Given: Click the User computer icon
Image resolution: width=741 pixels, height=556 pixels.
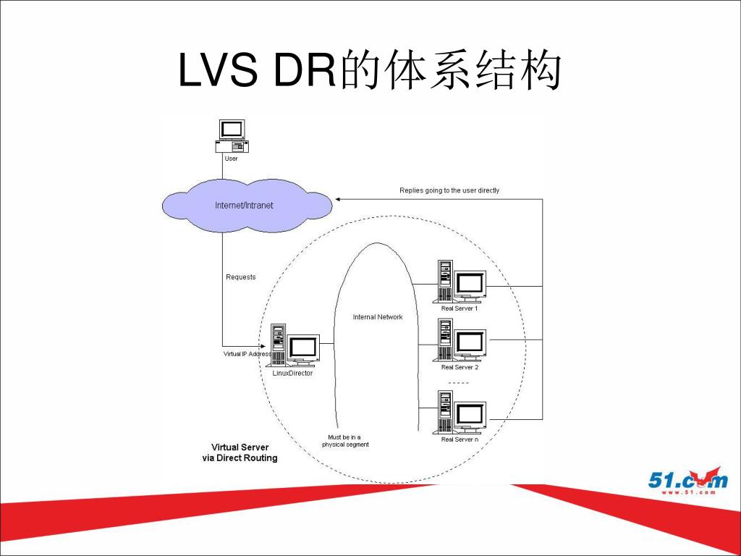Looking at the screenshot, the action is pos(232,136).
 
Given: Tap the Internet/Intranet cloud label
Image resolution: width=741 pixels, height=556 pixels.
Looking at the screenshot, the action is pos(244,205).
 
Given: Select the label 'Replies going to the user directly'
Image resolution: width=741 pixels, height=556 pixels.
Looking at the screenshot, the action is pos(449,190).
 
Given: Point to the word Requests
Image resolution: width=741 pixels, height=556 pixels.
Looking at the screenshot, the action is pos(240,277).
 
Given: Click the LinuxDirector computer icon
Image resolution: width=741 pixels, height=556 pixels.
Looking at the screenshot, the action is pos(293,345).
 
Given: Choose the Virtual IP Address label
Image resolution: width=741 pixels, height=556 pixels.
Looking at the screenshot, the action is pos(247,353).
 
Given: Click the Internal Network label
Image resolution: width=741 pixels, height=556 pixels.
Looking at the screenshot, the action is pos(378,317).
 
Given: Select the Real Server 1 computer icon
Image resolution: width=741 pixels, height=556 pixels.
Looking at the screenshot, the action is pos(460,282).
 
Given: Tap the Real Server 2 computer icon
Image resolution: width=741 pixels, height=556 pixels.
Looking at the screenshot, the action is pos(460,340).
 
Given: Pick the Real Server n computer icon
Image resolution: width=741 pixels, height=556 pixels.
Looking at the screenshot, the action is pos(460,412).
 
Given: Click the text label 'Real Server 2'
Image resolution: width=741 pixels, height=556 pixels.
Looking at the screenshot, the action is pos(460,367).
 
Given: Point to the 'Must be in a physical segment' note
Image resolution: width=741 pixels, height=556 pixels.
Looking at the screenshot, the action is pos(345,441).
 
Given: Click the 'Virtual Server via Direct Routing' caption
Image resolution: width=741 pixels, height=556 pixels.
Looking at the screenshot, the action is pos(240,452).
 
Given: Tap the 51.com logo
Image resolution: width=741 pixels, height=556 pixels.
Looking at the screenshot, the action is pos(687,481).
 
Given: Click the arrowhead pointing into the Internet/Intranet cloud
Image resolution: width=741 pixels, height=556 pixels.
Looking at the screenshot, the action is pos(338,200).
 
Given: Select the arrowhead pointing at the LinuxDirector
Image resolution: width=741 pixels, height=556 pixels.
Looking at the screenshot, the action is pos(263,346).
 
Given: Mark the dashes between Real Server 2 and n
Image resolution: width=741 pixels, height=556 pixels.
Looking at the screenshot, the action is pos(458,383).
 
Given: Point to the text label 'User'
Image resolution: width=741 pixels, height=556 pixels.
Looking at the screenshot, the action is pos(231,159).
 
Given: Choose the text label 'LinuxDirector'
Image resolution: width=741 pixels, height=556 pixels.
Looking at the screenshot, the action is pos(292,373).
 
